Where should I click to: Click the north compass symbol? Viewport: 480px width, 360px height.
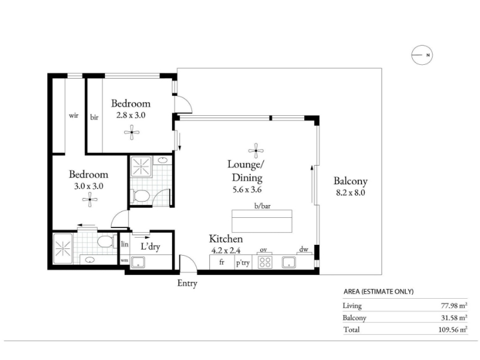[422, 55]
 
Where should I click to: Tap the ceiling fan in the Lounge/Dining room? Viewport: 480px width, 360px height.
[256, 151]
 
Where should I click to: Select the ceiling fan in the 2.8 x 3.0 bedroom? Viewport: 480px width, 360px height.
[131, 132]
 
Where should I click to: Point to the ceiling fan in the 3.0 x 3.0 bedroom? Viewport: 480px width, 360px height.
[89, 200]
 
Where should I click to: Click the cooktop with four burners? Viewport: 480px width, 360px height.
[265, 262]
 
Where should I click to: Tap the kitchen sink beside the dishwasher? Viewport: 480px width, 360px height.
[289, 262]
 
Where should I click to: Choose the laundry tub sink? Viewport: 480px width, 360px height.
[138, 262]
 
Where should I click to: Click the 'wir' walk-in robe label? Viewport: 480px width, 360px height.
[73, 115]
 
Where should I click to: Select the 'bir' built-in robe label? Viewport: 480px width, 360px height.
[94, 117]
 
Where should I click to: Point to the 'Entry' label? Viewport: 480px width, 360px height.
[187, 283]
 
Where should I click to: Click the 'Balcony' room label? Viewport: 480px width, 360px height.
[350, 181]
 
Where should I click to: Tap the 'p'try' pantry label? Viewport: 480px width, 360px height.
[243, 263]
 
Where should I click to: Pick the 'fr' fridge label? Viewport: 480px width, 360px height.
[221, 262]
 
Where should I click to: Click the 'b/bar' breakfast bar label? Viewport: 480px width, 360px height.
[262, 206]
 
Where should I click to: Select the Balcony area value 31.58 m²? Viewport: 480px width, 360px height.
[454, 318]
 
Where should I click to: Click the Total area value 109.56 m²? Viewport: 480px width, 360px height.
[453, 329]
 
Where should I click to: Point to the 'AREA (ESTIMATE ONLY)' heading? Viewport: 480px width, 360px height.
[379, 292]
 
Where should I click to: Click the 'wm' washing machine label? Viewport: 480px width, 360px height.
[124, 260]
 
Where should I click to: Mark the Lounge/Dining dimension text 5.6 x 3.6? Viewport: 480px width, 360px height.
[247, 190]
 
